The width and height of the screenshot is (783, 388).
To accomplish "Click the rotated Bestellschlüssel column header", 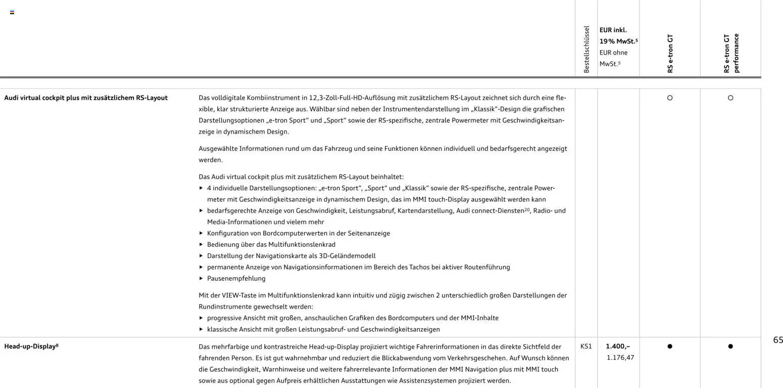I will (x=586, y=50).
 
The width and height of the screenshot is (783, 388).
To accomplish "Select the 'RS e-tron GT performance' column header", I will (x=731, y=53).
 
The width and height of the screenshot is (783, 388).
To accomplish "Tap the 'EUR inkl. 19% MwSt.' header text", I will (x=618, y=35).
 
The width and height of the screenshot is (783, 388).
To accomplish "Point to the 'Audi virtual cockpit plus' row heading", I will (x=86, y=98).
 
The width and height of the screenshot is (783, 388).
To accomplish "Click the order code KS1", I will (x=586, y=347).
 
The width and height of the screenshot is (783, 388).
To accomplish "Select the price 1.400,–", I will (x=618, y=347).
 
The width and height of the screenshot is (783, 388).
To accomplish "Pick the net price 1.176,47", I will (x=620, y=358).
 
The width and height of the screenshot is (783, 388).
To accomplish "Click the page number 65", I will (x=778, y=340).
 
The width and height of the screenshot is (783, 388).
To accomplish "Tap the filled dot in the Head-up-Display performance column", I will (x=730, y=347).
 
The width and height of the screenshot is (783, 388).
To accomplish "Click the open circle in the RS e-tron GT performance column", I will (x=730, y=98).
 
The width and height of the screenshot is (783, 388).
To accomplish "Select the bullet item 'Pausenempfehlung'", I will (x=236, y=279).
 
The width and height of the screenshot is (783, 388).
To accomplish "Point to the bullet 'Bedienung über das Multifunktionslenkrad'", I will (x=271, y=245).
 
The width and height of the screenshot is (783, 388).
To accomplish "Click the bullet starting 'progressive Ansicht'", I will (x=353, y=318).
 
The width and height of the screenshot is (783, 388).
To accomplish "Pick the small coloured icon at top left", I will (x=12, y=12).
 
